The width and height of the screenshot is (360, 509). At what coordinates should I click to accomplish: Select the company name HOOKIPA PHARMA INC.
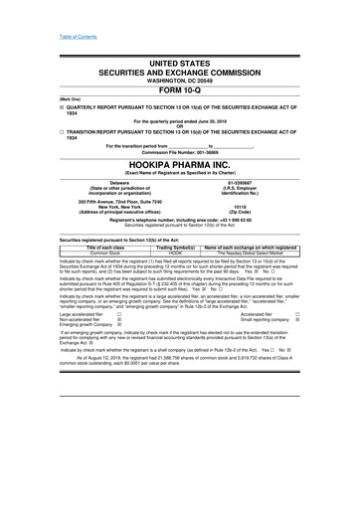(x=180, y=165)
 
